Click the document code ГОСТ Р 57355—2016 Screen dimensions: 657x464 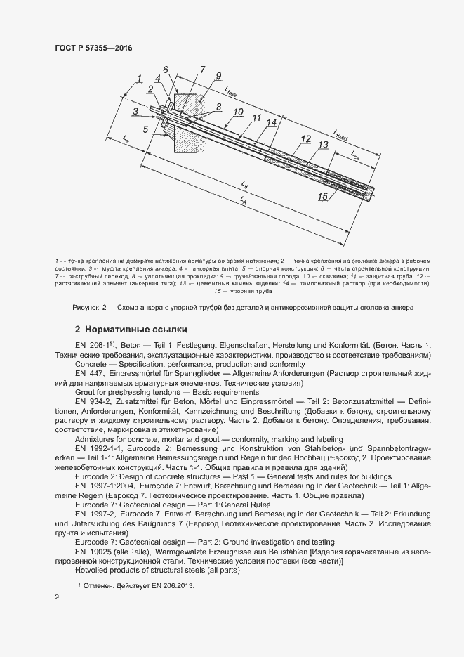coord(93,48)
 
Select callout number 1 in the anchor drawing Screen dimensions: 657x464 coord(139,78)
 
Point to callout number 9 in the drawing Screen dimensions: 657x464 coord(218,76)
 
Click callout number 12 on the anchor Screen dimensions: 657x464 coord(305,139)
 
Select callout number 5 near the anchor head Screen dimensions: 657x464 coord(145,129)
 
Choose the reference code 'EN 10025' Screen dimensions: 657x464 coord(89,552)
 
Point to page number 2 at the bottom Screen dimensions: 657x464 coord(57,597)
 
